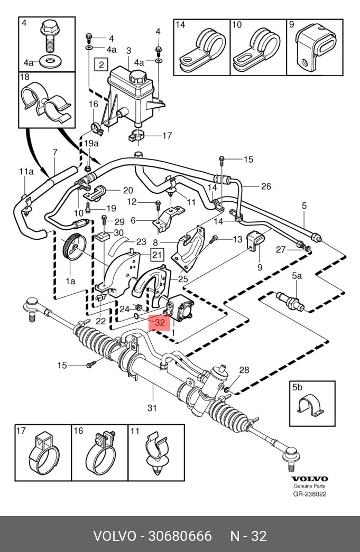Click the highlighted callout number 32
tap(160, 321)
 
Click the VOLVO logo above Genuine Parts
tap(310, 479)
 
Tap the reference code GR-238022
tap(310, 494)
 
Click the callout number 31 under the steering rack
tap(153, 408)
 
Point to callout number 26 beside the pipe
tap(266, 186)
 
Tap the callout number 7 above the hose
tap(54, 153)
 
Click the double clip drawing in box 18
tap(47, 104)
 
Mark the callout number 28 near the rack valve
tap(244, 370)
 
